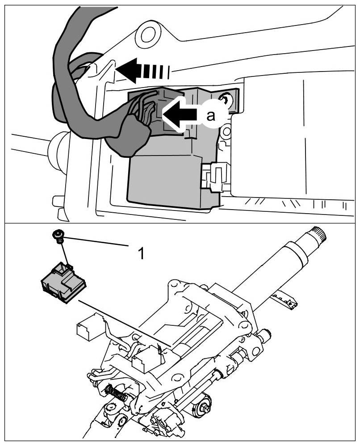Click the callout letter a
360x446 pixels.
point(210,115)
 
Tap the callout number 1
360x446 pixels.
point(141,254)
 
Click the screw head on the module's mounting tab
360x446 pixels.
point(227,101)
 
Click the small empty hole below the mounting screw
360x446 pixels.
point(227,132)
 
